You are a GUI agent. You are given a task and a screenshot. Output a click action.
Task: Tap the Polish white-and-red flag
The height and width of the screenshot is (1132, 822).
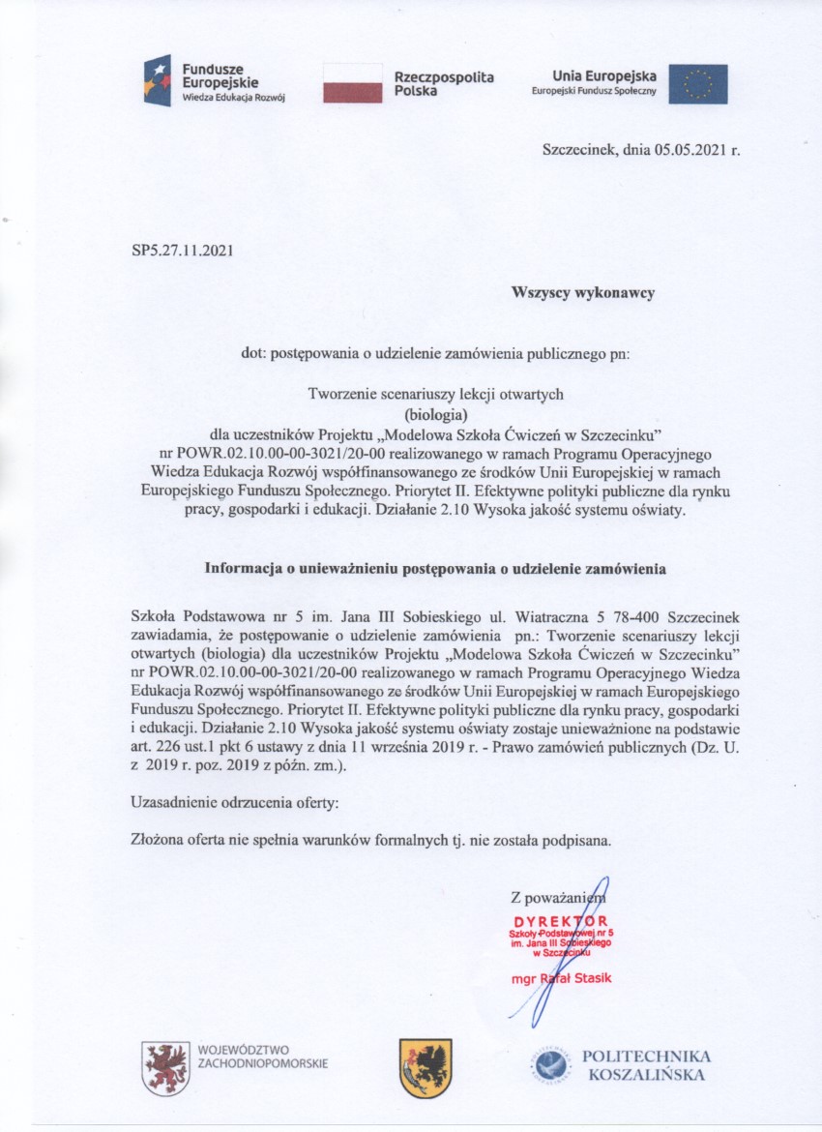point(353,83)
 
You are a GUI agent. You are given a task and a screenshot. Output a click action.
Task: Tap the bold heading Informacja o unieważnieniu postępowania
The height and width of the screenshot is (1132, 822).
point(434,569)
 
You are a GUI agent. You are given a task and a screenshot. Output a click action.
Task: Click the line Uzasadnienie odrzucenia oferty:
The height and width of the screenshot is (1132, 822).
point(235,802)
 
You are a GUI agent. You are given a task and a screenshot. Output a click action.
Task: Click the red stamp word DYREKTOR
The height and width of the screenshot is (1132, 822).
point(561,920)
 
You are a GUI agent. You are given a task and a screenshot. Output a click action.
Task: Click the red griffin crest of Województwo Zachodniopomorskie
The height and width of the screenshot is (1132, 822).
point(165,1067)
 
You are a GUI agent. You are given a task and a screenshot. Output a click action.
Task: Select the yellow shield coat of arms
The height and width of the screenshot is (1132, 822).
point(426,1067)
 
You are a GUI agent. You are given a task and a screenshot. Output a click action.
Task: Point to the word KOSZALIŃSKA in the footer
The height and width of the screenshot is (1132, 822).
point(648,1075)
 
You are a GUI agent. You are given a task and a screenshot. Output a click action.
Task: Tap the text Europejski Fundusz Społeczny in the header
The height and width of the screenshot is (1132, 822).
point(594,91)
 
